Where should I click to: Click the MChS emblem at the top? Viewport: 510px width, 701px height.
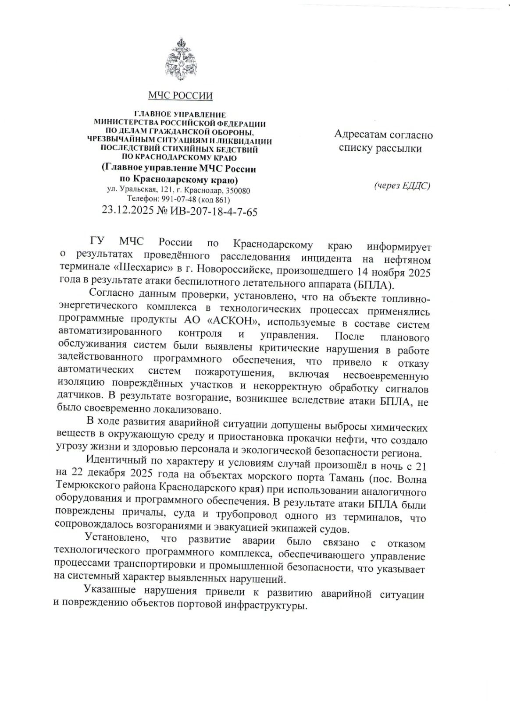(x=180, y=59)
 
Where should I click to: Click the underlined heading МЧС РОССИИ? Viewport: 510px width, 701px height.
(x=180, y=96)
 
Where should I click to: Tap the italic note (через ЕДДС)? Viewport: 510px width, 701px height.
(x=402, y=186)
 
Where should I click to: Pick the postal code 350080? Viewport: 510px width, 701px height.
(x=237, y=191)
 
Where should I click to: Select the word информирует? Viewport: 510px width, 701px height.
(x=399, y=244)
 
